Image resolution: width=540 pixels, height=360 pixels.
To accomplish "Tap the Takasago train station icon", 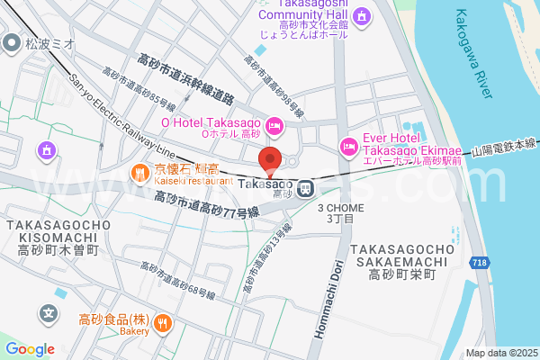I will click(x=306, y=189).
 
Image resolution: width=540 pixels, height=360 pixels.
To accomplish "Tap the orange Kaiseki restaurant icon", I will click(x=140, y=171).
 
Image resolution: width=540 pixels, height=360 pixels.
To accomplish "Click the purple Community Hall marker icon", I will click(x=361, y=16).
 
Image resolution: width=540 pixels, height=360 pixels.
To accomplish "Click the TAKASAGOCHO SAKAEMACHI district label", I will click(x=401, y=262).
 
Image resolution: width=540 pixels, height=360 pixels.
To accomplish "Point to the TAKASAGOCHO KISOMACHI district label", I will click(x=50, y=237).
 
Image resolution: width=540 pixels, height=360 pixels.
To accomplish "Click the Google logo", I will click(x=30, y=349).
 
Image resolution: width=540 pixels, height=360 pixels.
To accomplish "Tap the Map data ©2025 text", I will click(x=501, y=354).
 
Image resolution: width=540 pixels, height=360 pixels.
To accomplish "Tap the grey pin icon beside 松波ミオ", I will click(x=12, y=42).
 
